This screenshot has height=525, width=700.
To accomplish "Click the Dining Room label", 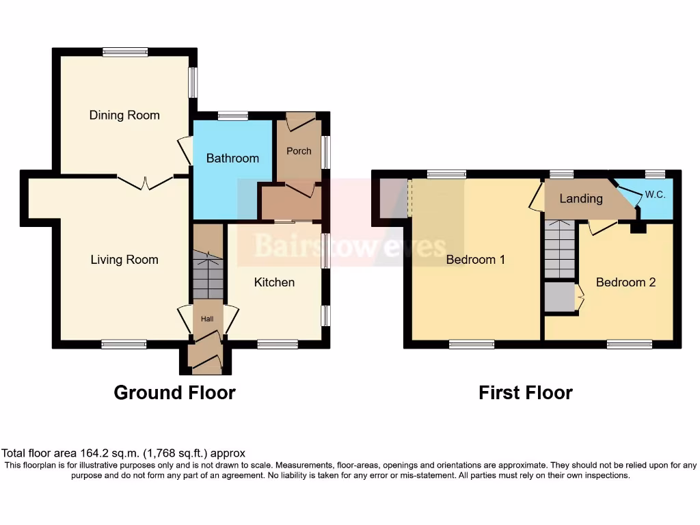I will [x=124, y=115].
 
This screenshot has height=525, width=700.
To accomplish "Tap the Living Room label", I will [x=124, y=260].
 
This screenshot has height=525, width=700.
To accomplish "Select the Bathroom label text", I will [x=232, y=158].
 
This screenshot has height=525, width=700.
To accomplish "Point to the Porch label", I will [x=299, y=151].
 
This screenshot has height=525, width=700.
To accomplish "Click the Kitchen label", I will [x=274, y=282].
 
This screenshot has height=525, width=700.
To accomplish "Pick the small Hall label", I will [x=207, y=319].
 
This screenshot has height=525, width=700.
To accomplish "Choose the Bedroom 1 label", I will [x=475, y=260].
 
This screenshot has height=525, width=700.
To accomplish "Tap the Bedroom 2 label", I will [x=625, y=282].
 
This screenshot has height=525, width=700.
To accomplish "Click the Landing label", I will [x=581, y=198].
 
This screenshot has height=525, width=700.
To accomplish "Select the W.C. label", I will [x=655, y=195].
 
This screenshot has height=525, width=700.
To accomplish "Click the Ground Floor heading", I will [x=174, y=392].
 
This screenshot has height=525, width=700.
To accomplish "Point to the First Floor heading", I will [x=525, y=392].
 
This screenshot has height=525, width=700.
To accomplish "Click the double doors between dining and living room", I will [x=144, y=182].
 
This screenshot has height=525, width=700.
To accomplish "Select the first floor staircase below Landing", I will [x=560, y=250].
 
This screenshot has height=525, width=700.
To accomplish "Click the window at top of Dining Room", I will [x=125, y=51].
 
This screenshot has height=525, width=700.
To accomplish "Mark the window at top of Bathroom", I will [x=232, y=116].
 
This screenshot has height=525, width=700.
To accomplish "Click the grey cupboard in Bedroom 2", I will [x=559, y=297].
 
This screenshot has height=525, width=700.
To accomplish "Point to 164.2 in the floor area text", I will [x=86, y=453].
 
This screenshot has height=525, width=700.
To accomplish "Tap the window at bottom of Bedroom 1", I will [x=472, y=345].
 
